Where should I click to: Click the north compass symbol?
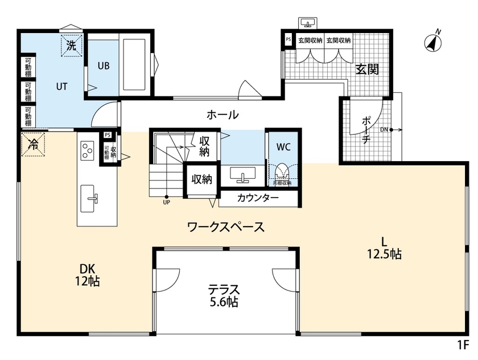tap(434, 41)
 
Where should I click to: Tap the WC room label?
tap(283, 146)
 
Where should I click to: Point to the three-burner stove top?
tap(87, 151)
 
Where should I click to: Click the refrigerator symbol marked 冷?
tap(32, 144)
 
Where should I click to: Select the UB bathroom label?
tap(103, 65)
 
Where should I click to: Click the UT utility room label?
tap(61, 87)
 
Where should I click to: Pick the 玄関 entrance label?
tap(367, 69)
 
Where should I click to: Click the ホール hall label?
tap(222, 114)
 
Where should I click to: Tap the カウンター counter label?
tap(258, 198)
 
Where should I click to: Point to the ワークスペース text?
tap(226, 227)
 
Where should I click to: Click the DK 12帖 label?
tap(87, 274)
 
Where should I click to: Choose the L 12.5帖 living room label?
tap(384, 247)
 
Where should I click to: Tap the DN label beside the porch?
tap(384, 129)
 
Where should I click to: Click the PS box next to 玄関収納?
tap(288, 40)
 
